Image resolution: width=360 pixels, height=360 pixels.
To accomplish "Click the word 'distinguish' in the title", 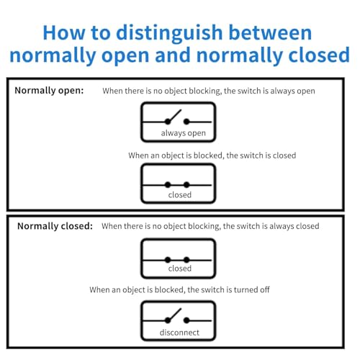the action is (169, 34).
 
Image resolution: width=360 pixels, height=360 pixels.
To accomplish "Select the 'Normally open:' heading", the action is (49, 91).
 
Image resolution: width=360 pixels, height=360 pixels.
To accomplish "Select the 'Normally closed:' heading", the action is (55, 226).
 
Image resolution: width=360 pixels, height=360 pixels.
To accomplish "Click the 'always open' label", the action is (184, 133).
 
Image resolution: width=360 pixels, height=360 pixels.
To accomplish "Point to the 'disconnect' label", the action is (179, 333).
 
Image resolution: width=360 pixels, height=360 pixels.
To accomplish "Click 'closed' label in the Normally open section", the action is (180, 194).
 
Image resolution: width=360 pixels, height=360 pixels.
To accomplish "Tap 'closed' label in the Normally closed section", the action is (180, 269).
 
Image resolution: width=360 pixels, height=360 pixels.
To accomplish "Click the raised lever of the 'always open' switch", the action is (175, 116).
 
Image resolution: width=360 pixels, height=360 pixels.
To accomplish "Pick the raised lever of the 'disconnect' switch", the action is (175, 315).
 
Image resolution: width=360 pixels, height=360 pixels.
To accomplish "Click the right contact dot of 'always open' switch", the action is (186, 122).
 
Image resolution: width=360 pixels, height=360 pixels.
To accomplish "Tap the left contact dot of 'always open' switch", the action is (168, 122).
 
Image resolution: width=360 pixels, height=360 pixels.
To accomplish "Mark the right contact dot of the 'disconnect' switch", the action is (186, 320).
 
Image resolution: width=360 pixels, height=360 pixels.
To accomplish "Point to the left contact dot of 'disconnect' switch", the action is (168, 320).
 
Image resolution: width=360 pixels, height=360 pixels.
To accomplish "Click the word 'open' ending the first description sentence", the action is (306, 91).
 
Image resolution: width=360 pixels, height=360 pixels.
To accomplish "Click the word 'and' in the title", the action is (173, 55).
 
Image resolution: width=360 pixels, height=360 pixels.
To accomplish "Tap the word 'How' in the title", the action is (64, 32).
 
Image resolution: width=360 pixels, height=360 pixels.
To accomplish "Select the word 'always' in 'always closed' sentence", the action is (282, 227).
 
